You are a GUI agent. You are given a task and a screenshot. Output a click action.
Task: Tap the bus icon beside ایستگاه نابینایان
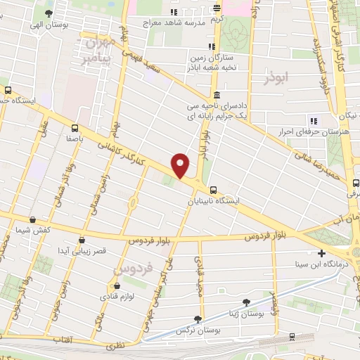213,189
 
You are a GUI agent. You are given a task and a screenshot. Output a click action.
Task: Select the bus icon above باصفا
75,127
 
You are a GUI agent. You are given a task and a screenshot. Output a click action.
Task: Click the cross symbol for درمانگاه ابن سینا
321,253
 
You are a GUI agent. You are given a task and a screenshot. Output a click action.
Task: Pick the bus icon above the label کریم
217,9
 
